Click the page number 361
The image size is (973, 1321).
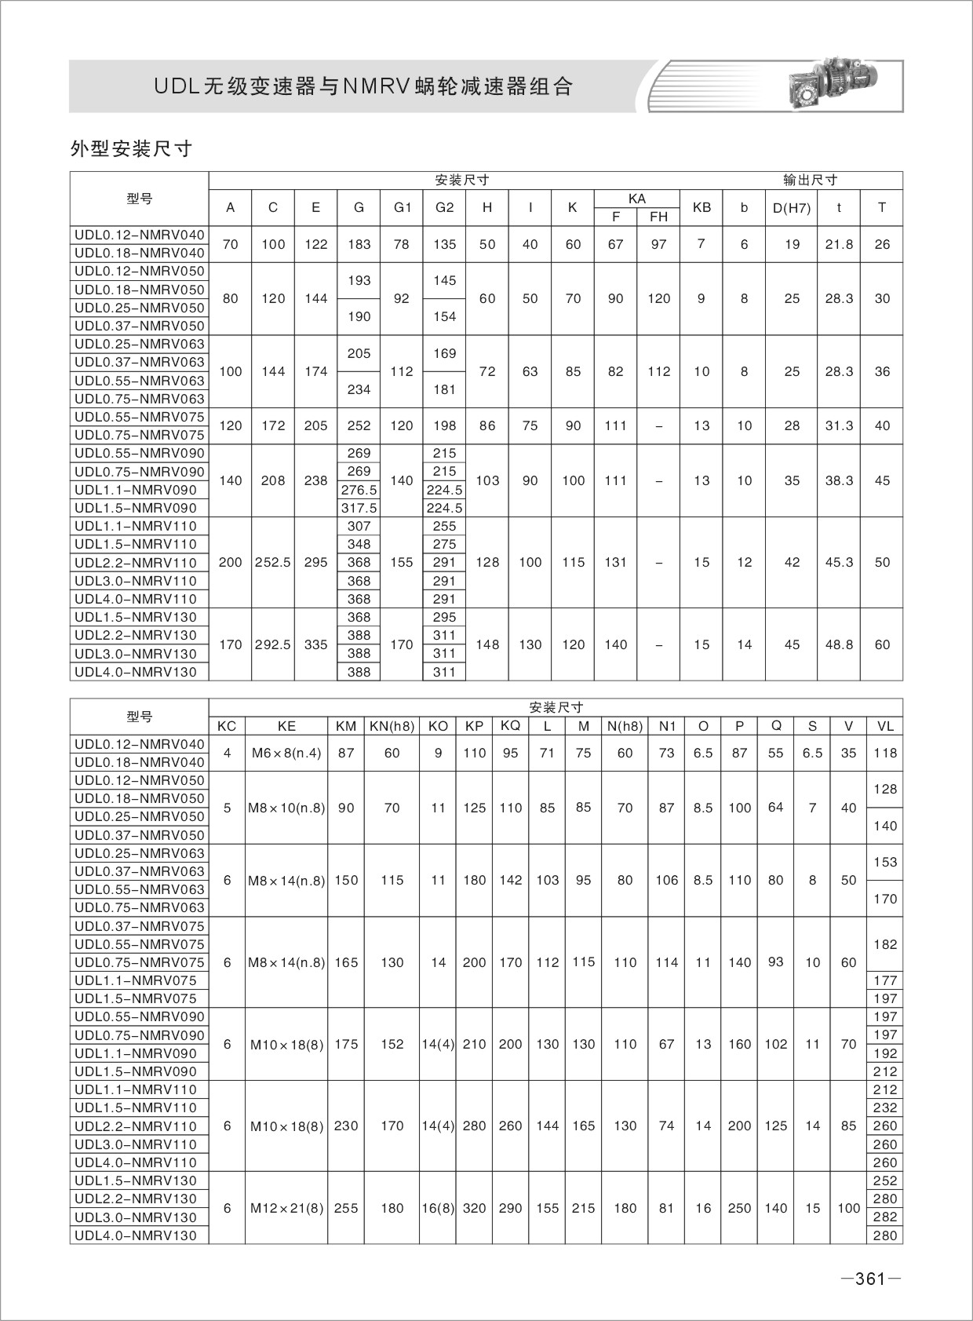click(869, 1279)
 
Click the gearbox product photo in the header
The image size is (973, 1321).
click(832, 84)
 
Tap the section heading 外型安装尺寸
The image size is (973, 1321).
click(131, 149)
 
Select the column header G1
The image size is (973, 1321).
click(402, 208)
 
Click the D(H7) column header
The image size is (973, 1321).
click(792, 208)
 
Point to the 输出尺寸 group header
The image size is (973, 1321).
click(810, 180)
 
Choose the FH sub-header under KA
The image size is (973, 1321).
click(658, 217)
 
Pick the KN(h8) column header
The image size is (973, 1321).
click(392, 726)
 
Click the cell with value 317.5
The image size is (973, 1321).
click(359, 508)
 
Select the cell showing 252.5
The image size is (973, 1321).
click(273, 562)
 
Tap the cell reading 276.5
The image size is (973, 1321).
click(359, 490)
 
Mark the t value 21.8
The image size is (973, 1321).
click(839, 244)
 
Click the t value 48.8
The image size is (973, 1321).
click(839, 644)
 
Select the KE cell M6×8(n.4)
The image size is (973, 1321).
click(286, 753)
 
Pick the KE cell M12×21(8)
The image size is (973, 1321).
click(286, 1208)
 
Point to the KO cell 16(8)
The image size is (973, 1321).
click(438, 1208)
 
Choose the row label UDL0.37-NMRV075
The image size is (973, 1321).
click(139, 926)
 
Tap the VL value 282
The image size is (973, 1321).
click(884, 1217)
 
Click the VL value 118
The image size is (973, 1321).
click(884, 753)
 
